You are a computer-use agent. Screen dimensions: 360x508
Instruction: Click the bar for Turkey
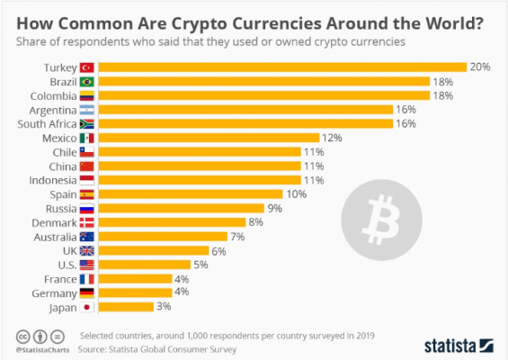(281, 67)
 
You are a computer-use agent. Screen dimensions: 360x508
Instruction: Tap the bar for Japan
(126, 307)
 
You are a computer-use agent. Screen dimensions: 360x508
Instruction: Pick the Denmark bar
(172, 222)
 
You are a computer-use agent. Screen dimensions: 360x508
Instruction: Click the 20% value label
(478, 67)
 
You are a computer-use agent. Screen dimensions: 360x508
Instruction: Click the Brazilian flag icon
(87, 81)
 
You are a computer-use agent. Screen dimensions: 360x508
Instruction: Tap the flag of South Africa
(87, 123)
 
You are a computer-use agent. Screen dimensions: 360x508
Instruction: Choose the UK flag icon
(87, 251)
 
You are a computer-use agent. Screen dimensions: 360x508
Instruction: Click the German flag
(87, 293)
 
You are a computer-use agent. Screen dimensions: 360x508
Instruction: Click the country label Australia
(54, 237)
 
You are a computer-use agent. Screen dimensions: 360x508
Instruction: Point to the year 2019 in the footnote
(362, 334)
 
